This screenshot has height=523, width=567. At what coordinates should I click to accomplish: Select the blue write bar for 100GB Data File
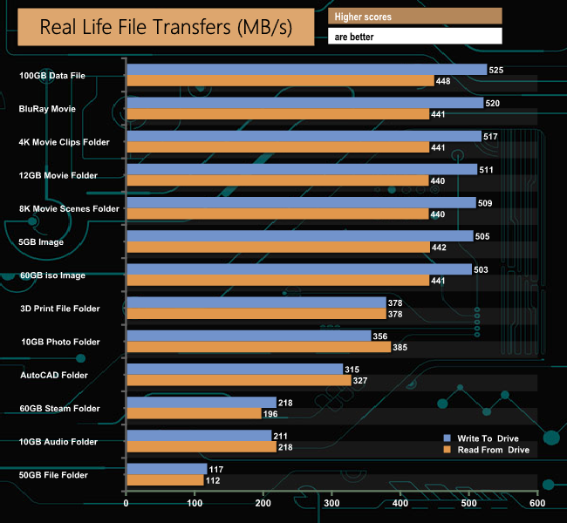306,70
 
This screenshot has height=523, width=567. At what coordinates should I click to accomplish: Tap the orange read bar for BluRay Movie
277,114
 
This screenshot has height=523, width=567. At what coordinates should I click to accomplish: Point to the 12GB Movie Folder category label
59,175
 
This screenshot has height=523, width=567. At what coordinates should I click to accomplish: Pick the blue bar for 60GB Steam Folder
202,403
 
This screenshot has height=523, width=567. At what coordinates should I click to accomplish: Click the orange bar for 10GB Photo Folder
258,347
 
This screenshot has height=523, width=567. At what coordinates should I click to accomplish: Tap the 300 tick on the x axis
331,503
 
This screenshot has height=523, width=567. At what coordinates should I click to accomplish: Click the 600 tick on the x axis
536,503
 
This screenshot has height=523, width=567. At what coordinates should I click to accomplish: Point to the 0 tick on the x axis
126,503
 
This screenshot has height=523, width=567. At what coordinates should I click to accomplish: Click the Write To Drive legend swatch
447,438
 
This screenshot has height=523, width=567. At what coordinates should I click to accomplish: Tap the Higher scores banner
414,17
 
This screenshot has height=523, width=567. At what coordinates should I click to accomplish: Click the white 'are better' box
414,37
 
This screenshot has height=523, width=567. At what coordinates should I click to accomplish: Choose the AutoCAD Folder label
54,375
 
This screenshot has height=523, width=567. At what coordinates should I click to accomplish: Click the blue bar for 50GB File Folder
167,469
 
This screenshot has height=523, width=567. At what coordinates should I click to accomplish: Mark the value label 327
362,381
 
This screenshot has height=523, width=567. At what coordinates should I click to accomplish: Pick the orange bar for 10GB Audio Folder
201,447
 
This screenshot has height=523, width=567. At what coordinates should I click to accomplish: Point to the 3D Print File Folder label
60,308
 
